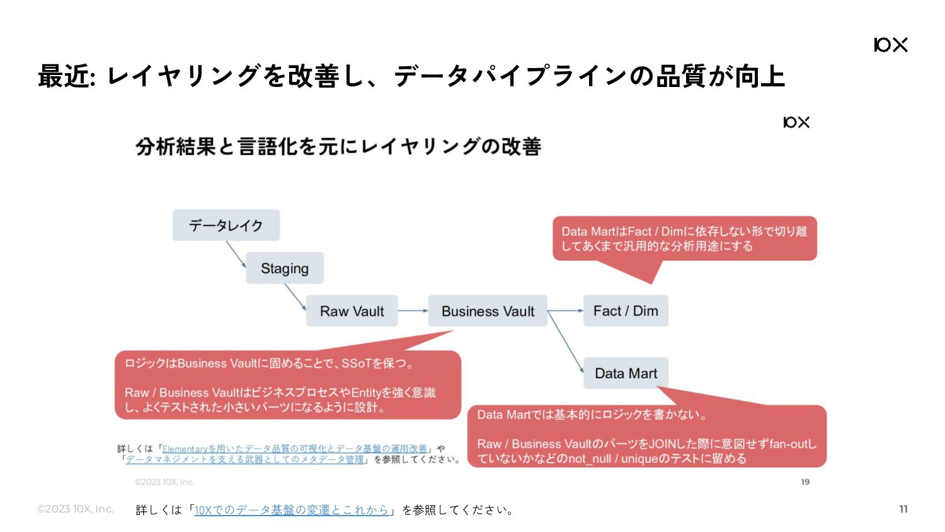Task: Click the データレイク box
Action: pos(226,225)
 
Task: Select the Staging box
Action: pos(285,268)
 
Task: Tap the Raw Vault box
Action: pos(352,311)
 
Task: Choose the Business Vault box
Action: pos(488,311)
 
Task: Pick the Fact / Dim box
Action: pos(626,311)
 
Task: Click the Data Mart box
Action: pos(626,373)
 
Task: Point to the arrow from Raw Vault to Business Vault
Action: pos(413,311)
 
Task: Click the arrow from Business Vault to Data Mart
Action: pos(566,342)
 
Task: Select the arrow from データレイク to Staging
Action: pos(236,254)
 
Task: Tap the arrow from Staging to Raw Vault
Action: pos(295,298)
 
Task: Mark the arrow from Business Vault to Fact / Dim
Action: pos(565,311)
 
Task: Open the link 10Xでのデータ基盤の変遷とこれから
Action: pos(292,510)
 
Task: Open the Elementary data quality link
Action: pos(294,448)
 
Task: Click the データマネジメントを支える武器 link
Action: pos(244,460)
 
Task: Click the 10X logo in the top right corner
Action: pos(891,45)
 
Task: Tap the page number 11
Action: pos(903,509)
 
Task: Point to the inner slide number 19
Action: pos(805,482)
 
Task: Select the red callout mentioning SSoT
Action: pos(288,385)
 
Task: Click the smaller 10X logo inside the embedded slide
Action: pos(796,122)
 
